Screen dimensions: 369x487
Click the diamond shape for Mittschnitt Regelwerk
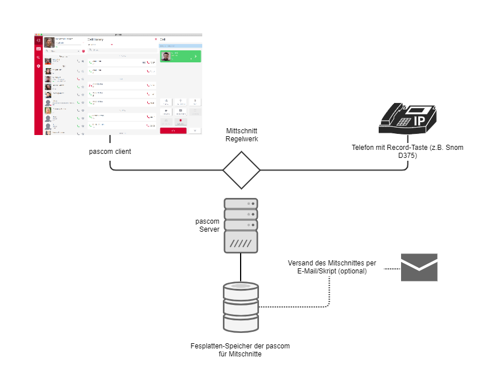tap(241, 170)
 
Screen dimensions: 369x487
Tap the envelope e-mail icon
tap(419, 267)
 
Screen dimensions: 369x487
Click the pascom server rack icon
tap(240, 225)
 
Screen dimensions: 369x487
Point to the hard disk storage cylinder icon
tap(240, 307)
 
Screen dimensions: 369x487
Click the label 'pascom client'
tap(109, 152)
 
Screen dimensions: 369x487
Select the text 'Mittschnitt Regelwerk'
tap(241, 135)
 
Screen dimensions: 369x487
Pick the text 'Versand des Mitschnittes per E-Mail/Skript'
tap(332, 267)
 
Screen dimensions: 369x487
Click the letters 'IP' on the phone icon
tap(419, 121)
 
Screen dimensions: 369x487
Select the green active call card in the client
tap(180, 56)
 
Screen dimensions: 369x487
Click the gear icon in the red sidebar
tap(38, 66)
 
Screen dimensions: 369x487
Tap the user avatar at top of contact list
tap(49, 43)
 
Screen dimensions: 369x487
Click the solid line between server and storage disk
tap(240, 267)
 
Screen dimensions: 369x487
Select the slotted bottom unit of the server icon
tap(240, 243)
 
